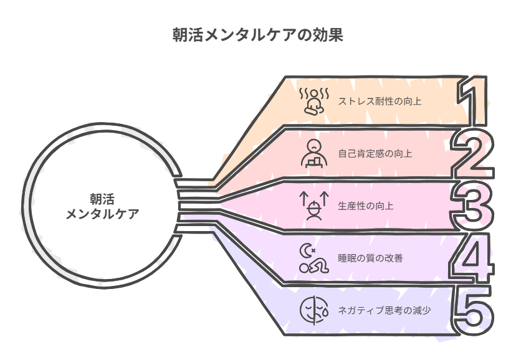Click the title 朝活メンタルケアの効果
coord(257,35)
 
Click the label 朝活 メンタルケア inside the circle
coord(102,207)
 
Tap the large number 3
coord(474,205)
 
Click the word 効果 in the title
coord(330,35)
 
